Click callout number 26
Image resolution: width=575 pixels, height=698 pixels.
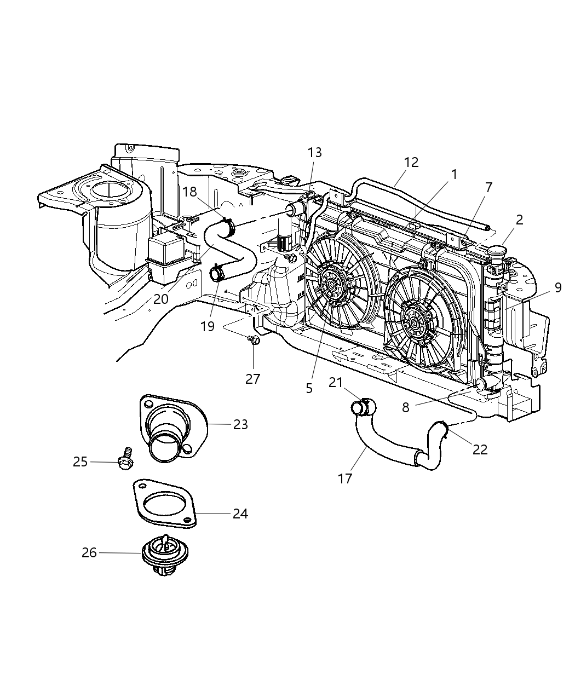[x=89, y=553]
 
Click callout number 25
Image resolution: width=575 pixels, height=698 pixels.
[x=81, y=462]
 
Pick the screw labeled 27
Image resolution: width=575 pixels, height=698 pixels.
[x=254, y=340]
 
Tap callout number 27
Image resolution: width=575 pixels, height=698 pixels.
[x=252, y=378]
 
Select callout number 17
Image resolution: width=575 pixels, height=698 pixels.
[x=344, y=478]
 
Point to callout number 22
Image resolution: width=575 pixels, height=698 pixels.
[x=480, y=449]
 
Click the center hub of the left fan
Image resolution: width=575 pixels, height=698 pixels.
[x=332, y=284]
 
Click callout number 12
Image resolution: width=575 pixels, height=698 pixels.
[x=411, y=162]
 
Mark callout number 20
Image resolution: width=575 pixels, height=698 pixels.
[x=160, y=299]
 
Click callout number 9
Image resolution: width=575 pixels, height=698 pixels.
[x=557, y=287]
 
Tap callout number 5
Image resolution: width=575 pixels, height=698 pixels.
[x=309, y=388]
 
